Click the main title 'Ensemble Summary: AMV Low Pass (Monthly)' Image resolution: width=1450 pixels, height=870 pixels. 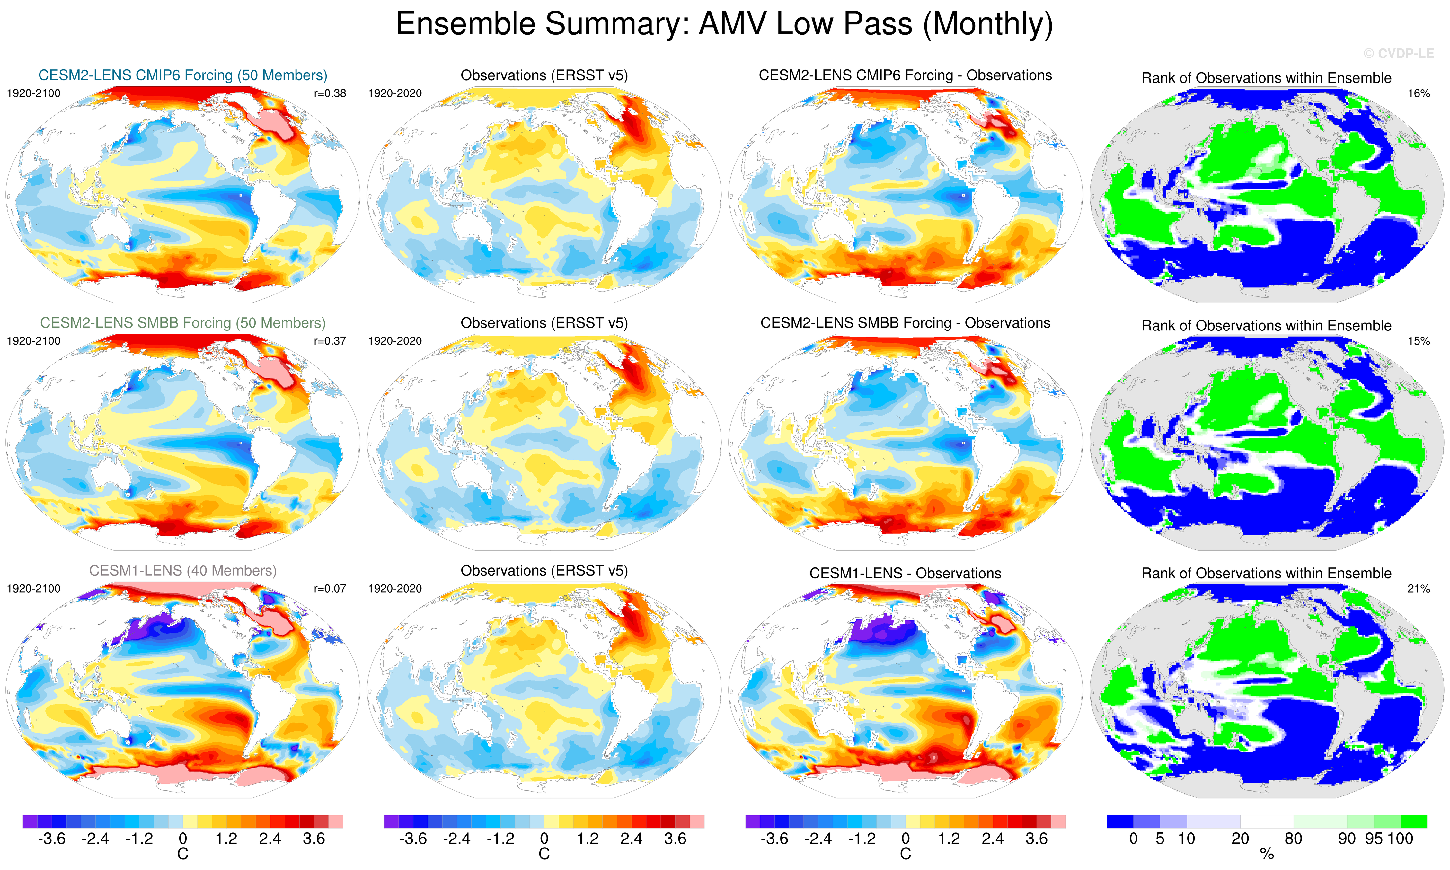point(724,25)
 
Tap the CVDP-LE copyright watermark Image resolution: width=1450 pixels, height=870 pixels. point(1398,53)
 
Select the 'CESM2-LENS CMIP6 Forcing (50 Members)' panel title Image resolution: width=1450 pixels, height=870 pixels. point(182,75)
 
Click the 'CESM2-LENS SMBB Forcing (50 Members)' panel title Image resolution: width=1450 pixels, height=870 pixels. point(182,323)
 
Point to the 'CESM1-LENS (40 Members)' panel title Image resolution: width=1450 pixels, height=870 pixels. point(182,570)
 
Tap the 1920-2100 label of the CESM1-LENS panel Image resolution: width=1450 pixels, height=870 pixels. point(33,589)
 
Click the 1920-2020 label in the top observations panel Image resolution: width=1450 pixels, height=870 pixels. point(394,93)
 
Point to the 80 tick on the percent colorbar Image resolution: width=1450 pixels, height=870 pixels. point(1294,839)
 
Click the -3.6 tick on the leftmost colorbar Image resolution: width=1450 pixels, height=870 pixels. point(52,839)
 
